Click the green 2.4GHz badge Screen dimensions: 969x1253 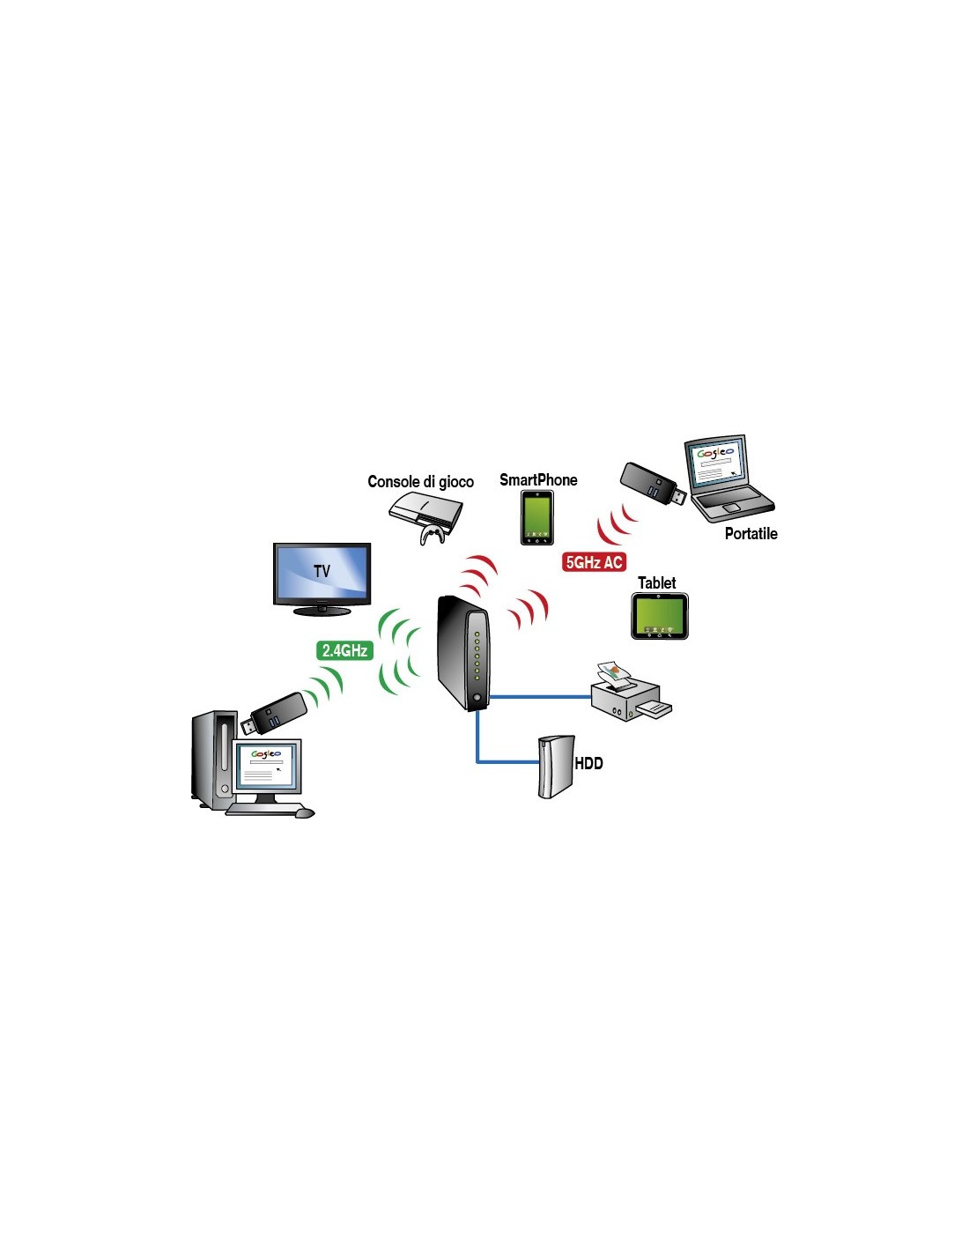(x=344, y=650)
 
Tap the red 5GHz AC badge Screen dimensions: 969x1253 (x=594, y=561)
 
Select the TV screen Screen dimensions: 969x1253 (x=322, y=573)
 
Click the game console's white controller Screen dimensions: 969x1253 (x=431, y=535)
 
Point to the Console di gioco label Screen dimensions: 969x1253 (x=420, y=481)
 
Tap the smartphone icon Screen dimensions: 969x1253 (x=536, y=517)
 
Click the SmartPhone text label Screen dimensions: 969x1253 (x=538, y=479)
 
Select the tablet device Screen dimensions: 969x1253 (x=660, y=616)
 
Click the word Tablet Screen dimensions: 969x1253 (x=656, y=583)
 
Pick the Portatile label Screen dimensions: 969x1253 (x=751, y=533)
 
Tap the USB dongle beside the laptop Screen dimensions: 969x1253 (x=653, y=483)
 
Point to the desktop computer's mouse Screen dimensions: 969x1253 (x=305, y=813)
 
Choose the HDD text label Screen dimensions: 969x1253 (x=588, y=763)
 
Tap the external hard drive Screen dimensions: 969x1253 (x=556, y=767)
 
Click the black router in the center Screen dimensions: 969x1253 (x=462, y=653)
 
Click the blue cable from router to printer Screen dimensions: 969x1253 (x=540, y=697)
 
